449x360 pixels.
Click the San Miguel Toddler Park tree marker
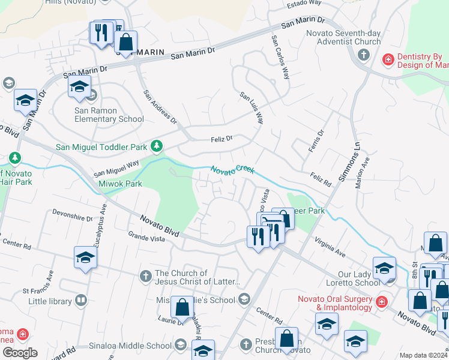[x=157, y=146]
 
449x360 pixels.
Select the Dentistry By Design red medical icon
[x=388, y=59]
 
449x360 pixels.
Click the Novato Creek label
[x=234, y=170]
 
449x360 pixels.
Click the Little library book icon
[x=82, y=301]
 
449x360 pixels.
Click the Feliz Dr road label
[x=221, y=139]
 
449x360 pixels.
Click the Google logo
[x=19, y=353]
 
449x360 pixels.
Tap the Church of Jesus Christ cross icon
[x=145, y=277]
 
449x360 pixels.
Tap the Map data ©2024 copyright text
[x=423, y=355]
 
